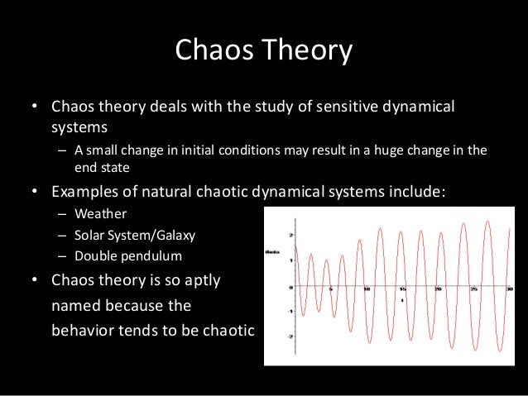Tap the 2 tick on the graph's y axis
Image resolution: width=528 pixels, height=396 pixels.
290,235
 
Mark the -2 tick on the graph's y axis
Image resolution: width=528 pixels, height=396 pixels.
290,337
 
